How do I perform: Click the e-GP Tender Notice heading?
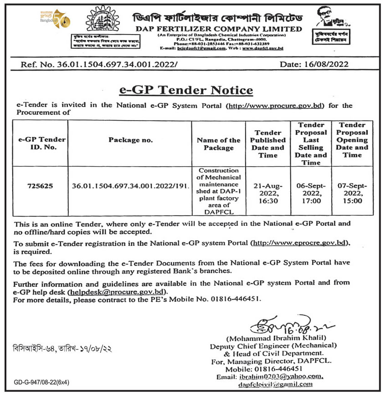[186, 90]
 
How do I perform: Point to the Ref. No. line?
[99, 65]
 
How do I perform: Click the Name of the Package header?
[218, 144]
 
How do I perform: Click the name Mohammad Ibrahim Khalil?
[280, 338]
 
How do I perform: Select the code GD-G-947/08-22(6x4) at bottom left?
[41, 382]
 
